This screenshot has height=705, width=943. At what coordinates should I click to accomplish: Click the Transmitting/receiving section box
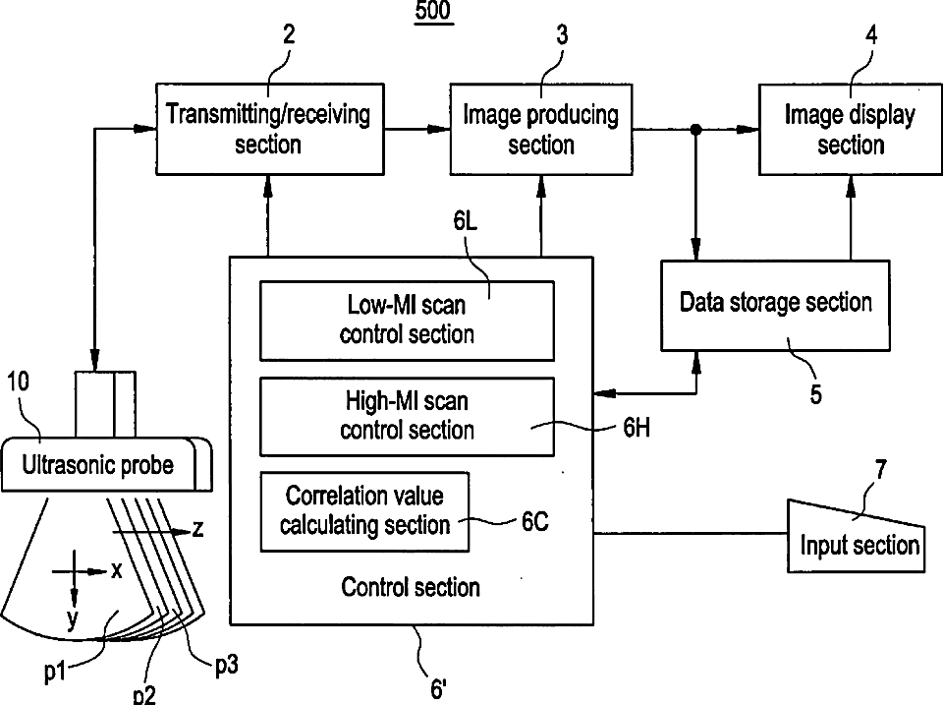270,130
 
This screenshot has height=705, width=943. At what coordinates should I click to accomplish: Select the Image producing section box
541,130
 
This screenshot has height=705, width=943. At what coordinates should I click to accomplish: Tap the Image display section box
851,130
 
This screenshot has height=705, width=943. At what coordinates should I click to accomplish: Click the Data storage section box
775,305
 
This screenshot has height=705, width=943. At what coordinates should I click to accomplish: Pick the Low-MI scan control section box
407,321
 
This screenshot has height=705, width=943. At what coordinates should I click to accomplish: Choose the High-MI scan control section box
407,417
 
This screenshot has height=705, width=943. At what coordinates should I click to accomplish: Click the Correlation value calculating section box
364,511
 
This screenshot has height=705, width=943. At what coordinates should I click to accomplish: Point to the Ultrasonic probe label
98,465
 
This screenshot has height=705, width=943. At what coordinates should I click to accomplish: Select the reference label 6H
637,428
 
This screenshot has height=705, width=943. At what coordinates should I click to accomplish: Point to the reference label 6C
535,521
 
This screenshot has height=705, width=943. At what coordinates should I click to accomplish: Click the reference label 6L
466,221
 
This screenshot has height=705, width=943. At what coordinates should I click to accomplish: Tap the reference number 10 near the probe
18,382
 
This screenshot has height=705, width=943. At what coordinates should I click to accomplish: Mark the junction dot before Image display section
695,129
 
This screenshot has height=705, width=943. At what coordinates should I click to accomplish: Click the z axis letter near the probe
197,529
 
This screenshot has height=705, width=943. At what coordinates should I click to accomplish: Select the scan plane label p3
227,666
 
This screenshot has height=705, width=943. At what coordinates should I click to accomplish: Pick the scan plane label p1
55,672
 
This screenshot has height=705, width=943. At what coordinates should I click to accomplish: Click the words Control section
411,587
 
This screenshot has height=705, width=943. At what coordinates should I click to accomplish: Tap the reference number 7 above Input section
880,469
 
